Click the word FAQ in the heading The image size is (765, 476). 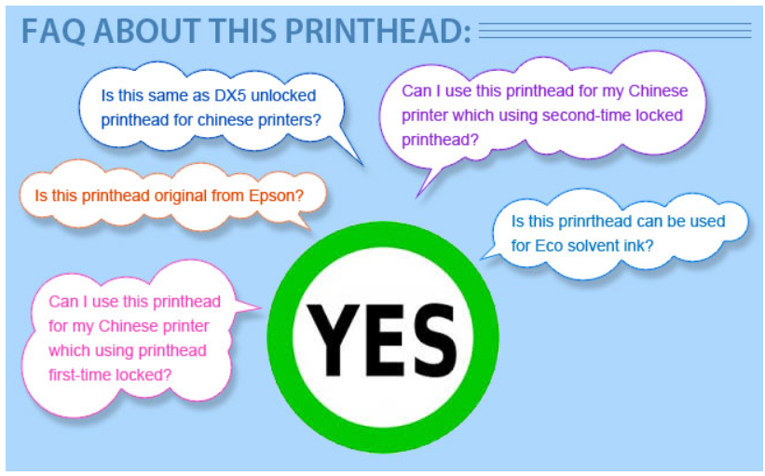point(53,32)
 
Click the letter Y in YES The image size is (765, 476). point(333,339)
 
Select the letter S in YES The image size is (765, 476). point(431,339)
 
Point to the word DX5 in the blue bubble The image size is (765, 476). point(230,96)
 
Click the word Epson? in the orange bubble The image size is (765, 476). point(276,196)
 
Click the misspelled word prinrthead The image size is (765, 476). point(595,222)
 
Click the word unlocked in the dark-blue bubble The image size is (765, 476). point(283,96)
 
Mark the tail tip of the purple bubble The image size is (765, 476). point(417,197)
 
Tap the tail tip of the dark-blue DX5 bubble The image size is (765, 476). point(362,164)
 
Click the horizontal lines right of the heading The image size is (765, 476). point(615,30)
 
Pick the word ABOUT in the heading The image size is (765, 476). point(146,32)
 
